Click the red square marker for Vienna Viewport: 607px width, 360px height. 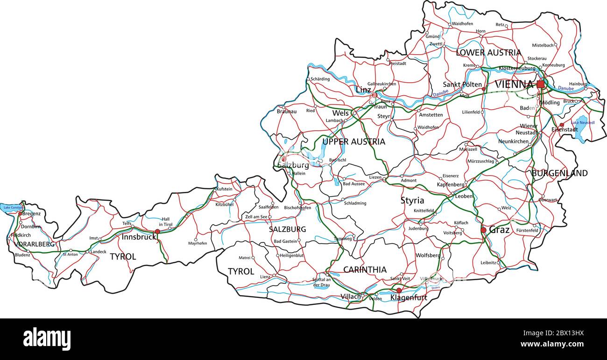[540, 84]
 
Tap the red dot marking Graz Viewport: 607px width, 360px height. [483, 230]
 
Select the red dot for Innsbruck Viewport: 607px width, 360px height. [157, 231]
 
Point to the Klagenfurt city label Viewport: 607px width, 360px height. [409, 297]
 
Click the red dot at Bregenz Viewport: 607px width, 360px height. [20, 213]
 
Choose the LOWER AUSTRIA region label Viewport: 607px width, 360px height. [488, 53]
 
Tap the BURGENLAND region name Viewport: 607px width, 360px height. [559, 173]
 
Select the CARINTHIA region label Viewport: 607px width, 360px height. [365, 270]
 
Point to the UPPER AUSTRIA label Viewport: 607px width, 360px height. [353, 141]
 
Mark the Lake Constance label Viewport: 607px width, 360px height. [11, 207]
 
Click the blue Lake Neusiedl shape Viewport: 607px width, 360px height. [580, 128]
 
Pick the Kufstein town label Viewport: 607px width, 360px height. [224, 189]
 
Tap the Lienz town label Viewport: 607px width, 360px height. [265, 276]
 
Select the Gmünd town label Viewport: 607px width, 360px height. [432, 36]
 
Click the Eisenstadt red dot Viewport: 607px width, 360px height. [562, 125]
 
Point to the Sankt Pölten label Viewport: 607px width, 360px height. [462, 85]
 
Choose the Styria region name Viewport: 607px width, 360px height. [412, 201]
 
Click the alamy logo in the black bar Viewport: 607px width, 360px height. [47, 339]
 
